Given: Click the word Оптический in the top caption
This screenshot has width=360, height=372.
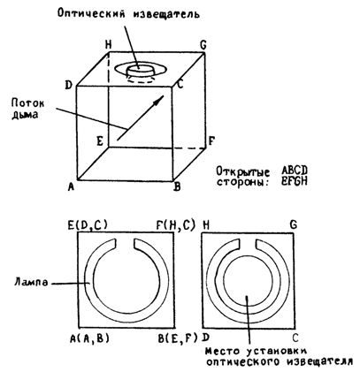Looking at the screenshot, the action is click(91, 13).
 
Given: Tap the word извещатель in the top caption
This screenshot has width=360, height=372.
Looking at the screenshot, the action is click(166, 13).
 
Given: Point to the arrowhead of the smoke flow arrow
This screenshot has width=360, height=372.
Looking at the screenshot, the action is click(158, 100).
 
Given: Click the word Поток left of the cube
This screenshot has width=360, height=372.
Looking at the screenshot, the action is click(28, 102).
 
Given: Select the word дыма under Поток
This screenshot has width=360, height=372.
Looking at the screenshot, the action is click(25, 114).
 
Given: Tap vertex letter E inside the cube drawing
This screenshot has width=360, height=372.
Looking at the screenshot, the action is click(100, 141).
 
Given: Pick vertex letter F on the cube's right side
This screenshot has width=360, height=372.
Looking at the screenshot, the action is click(211, 141).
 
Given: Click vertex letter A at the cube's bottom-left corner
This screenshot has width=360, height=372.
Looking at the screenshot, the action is click(71, 186).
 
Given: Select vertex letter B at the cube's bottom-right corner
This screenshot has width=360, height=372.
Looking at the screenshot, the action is click(177, 186).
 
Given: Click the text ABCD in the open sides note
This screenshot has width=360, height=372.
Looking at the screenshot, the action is click(295, 170).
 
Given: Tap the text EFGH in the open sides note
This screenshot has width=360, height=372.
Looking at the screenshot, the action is click(294, 181).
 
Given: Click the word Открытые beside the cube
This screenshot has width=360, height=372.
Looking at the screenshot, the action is click(243, 171).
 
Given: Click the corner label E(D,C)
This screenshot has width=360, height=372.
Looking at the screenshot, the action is click(88, 225).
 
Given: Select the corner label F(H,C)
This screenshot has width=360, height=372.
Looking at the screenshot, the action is click(176, 225).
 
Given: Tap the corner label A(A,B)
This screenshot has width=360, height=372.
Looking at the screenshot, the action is click(89, 338).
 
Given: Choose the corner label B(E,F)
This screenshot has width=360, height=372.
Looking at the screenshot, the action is click(177, 338).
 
